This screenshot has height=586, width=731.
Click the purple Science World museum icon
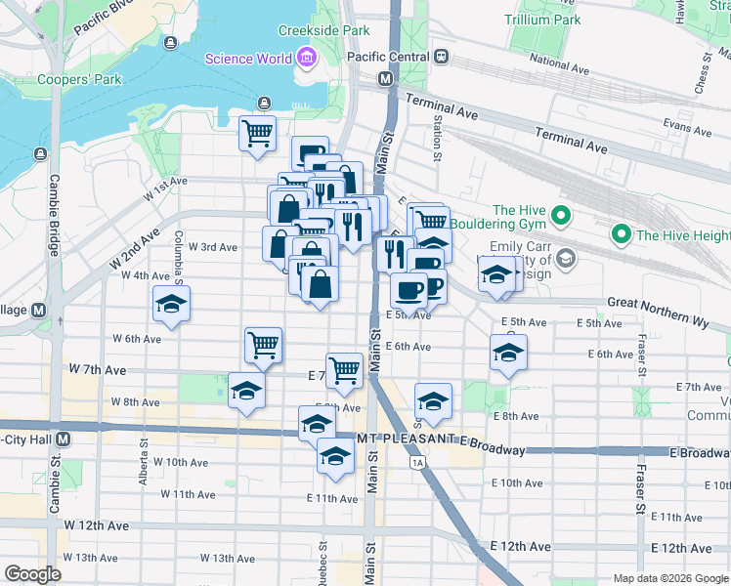click(308, 58)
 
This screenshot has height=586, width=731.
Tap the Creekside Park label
click(323, 30)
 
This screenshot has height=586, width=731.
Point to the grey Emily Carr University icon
click(565, 259)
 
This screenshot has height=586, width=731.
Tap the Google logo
click(32, 574)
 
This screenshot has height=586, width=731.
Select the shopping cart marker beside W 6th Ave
click(263, 344)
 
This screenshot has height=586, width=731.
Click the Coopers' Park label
click(67, 79)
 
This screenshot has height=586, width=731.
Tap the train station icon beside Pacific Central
click(442, 57)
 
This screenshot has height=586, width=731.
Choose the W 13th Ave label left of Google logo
click(91, 558)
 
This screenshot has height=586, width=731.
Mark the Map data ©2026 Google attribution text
click(669, 577)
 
